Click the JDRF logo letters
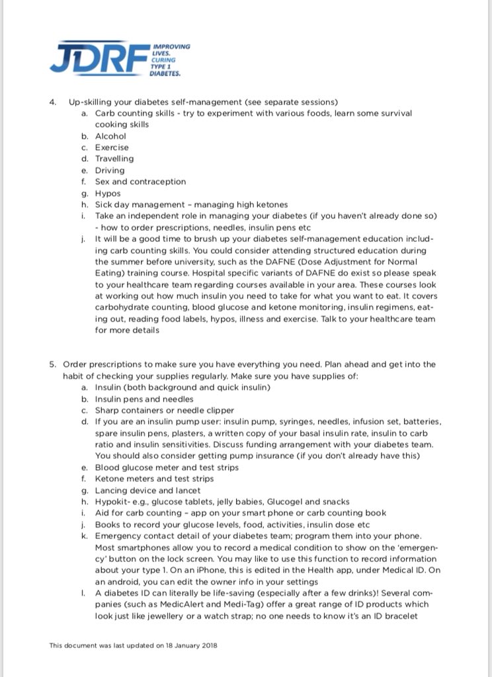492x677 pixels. pos(99,58)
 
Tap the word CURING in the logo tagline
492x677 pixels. pos(162,60)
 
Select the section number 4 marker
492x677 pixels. pos(52,102)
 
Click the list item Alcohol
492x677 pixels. pos(110,136)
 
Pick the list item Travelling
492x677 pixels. pos(114,159)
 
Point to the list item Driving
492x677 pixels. pos(110,170)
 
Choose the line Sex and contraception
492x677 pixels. pos(140,182)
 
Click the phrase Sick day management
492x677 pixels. pos(136,204)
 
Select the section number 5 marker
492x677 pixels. pos(52,364)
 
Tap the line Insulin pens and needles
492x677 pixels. pos(144,399)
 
